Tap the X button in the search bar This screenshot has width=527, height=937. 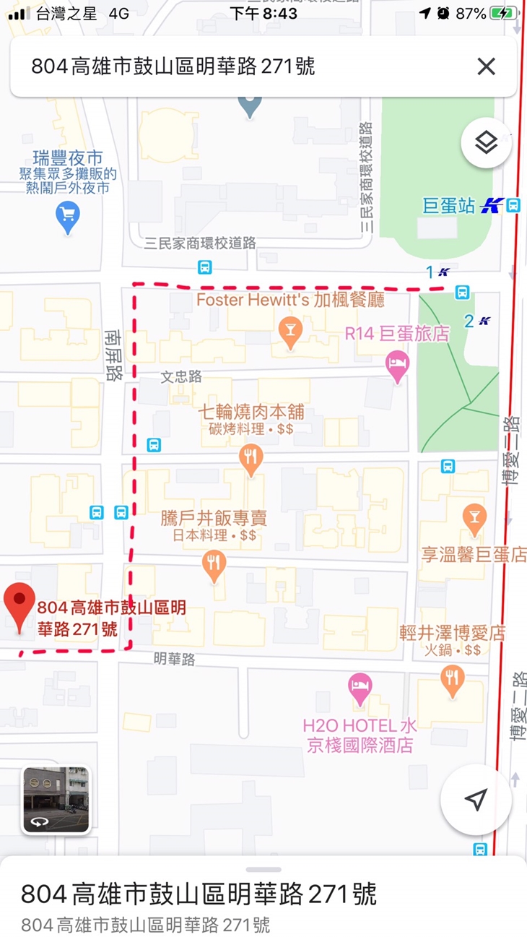[487, 67]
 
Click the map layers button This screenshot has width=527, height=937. [487, 143]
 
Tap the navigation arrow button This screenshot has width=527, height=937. [476, 799]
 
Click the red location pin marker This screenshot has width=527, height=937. [19, 605]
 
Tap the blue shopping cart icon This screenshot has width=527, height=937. [68, 216]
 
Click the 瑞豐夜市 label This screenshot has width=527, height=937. [68, 158]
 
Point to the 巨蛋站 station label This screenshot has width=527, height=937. [450, 206]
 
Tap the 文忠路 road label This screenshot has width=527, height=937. [181, 377]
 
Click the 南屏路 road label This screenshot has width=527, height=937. [113, 355]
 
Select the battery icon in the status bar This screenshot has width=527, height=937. [504, 13]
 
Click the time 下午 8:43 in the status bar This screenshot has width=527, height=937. [263, 13]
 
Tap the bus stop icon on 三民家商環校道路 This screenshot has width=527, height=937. [205, 267]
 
